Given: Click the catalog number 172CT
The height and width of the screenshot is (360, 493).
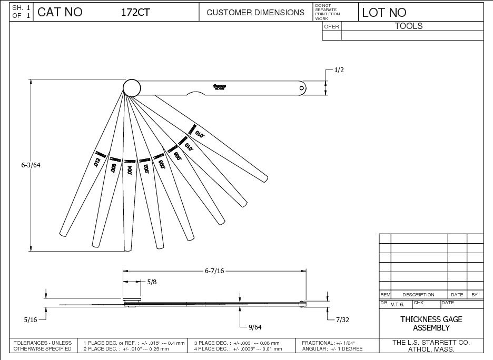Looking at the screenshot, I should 136,13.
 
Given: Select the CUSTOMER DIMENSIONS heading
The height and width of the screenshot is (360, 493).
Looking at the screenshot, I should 255,13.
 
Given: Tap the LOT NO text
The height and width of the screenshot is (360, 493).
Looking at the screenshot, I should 384,13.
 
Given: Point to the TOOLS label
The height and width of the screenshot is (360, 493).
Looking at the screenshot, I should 409,26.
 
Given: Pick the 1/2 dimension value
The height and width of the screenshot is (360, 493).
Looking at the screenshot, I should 339,70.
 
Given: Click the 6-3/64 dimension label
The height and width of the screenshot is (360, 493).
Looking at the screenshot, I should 31,165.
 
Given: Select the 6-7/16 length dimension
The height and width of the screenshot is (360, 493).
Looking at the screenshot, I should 214,271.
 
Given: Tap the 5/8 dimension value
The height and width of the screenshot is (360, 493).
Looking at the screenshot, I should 152,282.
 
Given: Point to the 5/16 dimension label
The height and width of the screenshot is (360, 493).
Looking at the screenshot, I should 31,319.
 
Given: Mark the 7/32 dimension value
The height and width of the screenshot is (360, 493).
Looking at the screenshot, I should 342,319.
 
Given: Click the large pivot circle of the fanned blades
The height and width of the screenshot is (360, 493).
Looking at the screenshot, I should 132,87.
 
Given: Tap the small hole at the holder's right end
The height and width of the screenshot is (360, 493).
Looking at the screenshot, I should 301,88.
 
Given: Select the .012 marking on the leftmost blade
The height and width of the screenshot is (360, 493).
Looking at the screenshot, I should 97,162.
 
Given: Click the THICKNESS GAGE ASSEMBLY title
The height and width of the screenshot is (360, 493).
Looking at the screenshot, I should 431,323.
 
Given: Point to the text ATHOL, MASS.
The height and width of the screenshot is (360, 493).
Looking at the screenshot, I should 431,349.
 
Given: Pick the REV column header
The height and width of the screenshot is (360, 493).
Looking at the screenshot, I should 384,295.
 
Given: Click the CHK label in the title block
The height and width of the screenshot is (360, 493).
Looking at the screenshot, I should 418,303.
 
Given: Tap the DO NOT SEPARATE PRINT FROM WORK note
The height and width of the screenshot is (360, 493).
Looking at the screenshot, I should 327,12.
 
